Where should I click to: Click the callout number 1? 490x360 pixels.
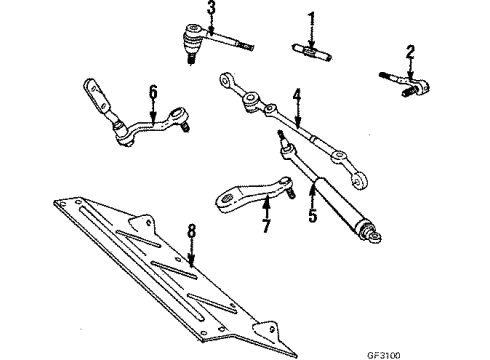point(310,17)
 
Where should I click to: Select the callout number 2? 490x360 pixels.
point(409,51)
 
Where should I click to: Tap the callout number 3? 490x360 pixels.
point(211,10)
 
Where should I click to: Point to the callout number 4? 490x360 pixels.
point(296,96)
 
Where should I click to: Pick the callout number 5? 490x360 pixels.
point(313,212)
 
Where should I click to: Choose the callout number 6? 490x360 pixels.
point(153,92)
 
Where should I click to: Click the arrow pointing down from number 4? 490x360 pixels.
point(297,115)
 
